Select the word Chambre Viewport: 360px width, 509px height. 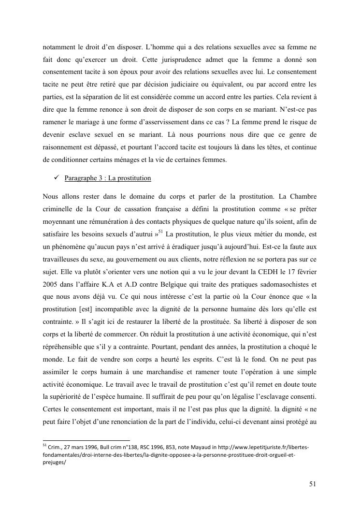(301, 196)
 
